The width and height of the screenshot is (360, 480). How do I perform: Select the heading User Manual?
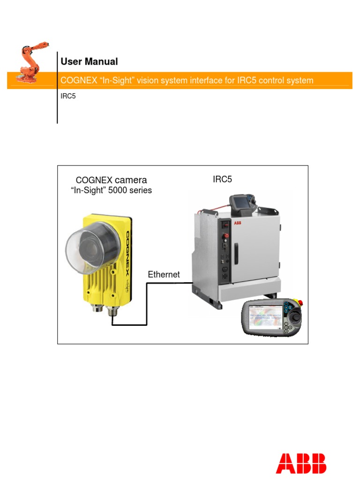tap(89, 61)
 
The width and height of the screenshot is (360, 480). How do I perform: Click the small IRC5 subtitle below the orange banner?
tap(68, 96)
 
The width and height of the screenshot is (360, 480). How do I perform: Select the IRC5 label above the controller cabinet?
tap(222, 179)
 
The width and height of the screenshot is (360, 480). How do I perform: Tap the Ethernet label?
tap(164, 274)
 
